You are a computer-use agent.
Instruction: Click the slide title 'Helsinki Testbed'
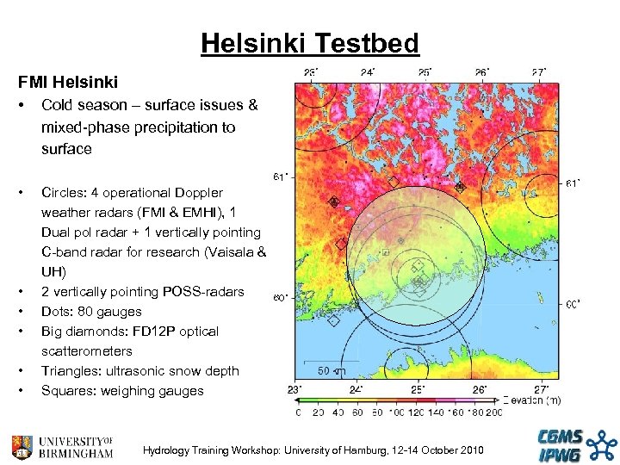tap(309, 42)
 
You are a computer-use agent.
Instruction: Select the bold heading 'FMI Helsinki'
tap(68, 84)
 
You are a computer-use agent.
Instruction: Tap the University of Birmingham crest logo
tap(23, 446)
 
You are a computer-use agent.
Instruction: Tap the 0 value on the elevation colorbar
tap(298, 413)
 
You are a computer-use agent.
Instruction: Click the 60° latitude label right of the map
tap(573, 304)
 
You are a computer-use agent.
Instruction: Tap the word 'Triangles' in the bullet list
tap(71, 371)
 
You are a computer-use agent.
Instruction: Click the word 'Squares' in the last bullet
tap(67, 391)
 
